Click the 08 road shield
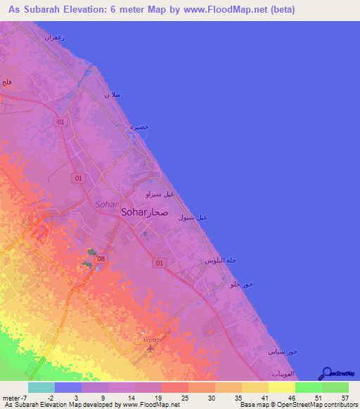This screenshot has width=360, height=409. click(x=101, y=259)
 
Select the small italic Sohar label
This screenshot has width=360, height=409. click(x=105, y=204)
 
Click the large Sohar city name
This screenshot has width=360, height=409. click(x=134, y=212)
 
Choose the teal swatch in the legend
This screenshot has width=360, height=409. click(x=41, y=387)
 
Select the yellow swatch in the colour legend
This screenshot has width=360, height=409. click(x=281, y=387)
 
